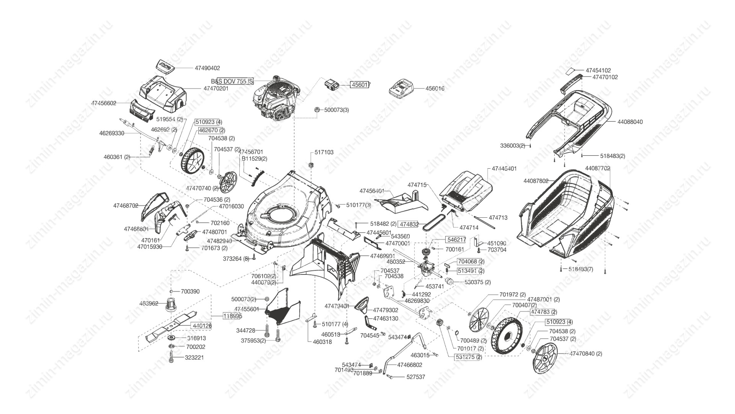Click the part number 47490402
tap(207, 68)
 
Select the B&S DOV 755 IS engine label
tap(232, 81)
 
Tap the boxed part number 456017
tap(360, 85)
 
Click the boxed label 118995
tap(232, 316)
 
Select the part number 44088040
tap(630, 122)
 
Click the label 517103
tap(324, 152)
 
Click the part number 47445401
tap(504, 169)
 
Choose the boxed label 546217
tap(456, 240)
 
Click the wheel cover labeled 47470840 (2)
tap(545, 358)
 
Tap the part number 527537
tap(415, 377)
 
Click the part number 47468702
tap(126, 206)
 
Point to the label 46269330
tap(111, 133)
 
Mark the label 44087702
tap(597, 168)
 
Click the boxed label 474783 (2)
tap(543, 312)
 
